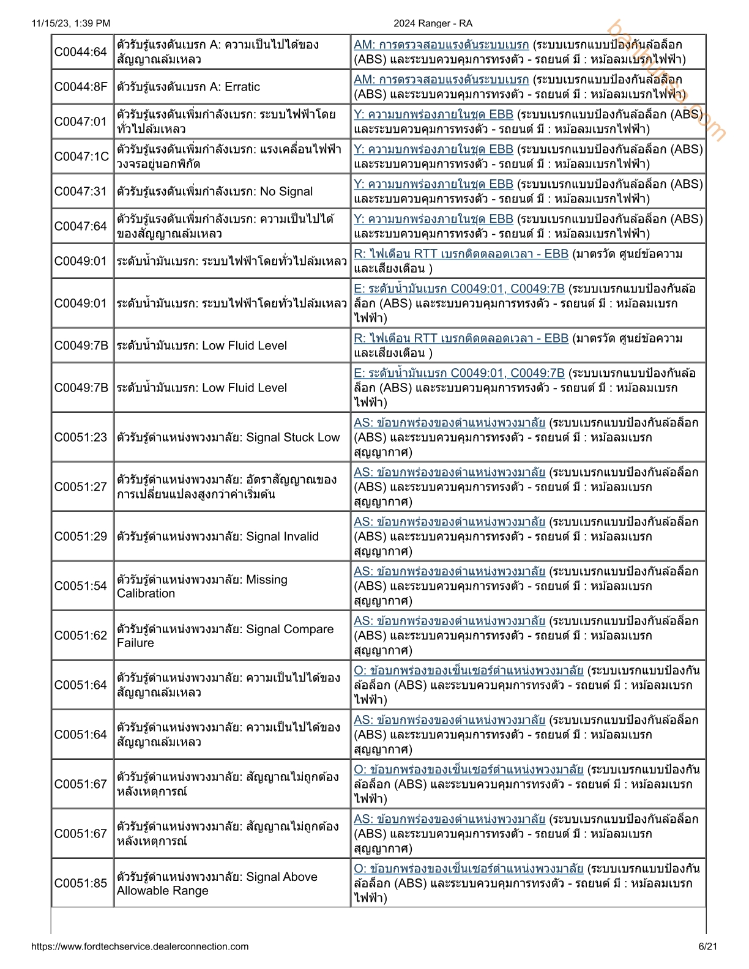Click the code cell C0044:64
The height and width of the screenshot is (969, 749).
coord(81,52)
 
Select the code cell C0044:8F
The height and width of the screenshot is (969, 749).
coord(81,87)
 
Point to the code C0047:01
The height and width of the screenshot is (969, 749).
coord(81,122)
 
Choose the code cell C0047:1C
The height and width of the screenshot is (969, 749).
coord(81,157)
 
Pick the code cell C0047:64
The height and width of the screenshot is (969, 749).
coord(81,226)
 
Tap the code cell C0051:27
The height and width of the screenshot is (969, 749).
coord(81,487)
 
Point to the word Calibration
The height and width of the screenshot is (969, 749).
coord(146,593)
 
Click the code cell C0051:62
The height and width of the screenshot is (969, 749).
coord(81,636)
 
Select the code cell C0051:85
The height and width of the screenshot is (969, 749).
coord(81,883)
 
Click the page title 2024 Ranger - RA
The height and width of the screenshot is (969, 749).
coord(433,23)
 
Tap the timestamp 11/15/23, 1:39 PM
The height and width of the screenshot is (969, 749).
coord(71,23)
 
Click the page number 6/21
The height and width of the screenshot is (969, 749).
coord(707,946)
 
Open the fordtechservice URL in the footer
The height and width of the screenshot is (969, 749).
coord(140,946)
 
